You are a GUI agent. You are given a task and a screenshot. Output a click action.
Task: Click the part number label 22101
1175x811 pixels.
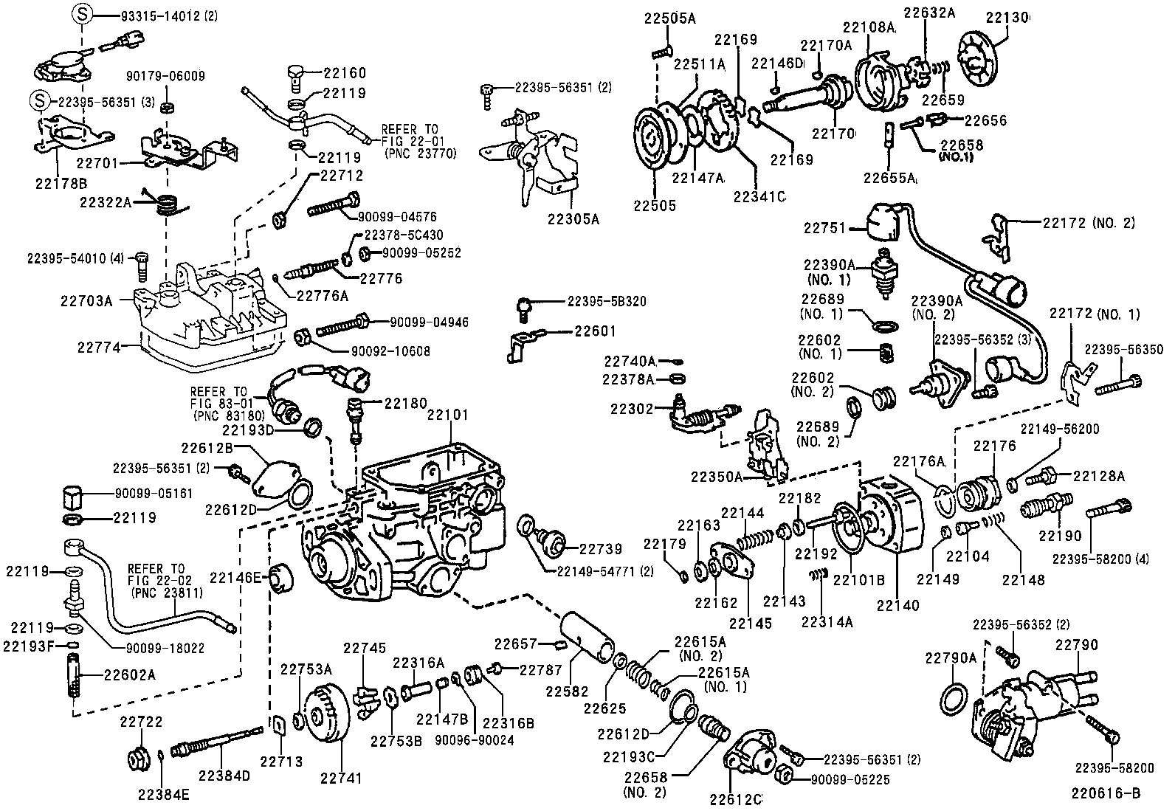(x=447, y=415)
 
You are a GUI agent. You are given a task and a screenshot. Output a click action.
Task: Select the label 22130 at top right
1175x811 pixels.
(x=1007, y=17)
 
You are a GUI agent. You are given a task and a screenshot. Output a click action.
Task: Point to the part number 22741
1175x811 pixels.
(x=342, y=778)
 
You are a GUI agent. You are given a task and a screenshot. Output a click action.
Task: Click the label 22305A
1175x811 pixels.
(x=573, y=218)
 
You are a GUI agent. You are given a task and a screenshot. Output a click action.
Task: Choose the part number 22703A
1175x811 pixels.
(x=86, y=300)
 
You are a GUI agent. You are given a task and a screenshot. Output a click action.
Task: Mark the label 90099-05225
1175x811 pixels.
(x=850, y=780)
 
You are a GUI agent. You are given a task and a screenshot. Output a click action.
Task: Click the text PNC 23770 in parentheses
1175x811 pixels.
(x=421, y=153)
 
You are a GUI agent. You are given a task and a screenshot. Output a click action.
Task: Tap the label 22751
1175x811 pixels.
(x=824, y=228)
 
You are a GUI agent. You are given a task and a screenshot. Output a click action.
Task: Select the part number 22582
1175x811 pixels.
(x=567, y=692)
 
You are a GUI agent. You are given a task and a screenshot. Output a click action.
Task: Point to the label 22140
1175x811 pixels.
(x=898, y=605)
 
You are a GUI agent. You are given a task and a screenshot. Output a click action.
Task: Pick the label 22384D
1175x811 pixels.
(x=224, y=776)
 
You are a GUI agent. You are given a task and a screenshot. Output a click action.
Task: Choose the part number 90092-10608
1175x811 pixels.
(x=390, y=351)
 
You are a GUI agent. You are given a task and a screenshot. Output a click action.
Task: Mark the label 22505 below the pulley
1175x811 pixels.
(x=655, y=206)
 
